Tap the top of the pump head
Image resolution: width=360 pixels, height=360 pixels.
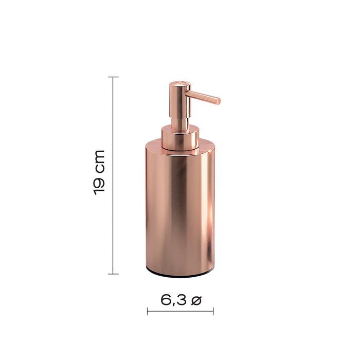pyautogui.click(x=178, y=84)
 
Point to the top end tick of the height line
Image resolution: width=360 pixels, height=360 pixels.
pyautogui.click(x=113, y=77)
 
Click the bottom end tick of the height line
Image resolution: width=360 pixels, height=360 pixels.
pyautogui.click(x=113, y=274)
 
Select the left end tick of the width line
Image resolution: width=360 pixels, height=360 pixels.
pyautogui.click(x=148, y=311)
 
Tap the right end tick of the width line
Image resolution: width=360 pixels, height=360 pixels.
pyautogui.click(x=213, y=311)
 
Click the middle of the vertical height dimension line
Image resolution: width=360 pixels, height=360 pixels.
pyautogui.click(x=113, y=175)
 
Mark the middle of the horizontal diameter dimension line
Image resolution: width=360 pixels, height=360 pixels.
pyautogui.click(x=180, y=311)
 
